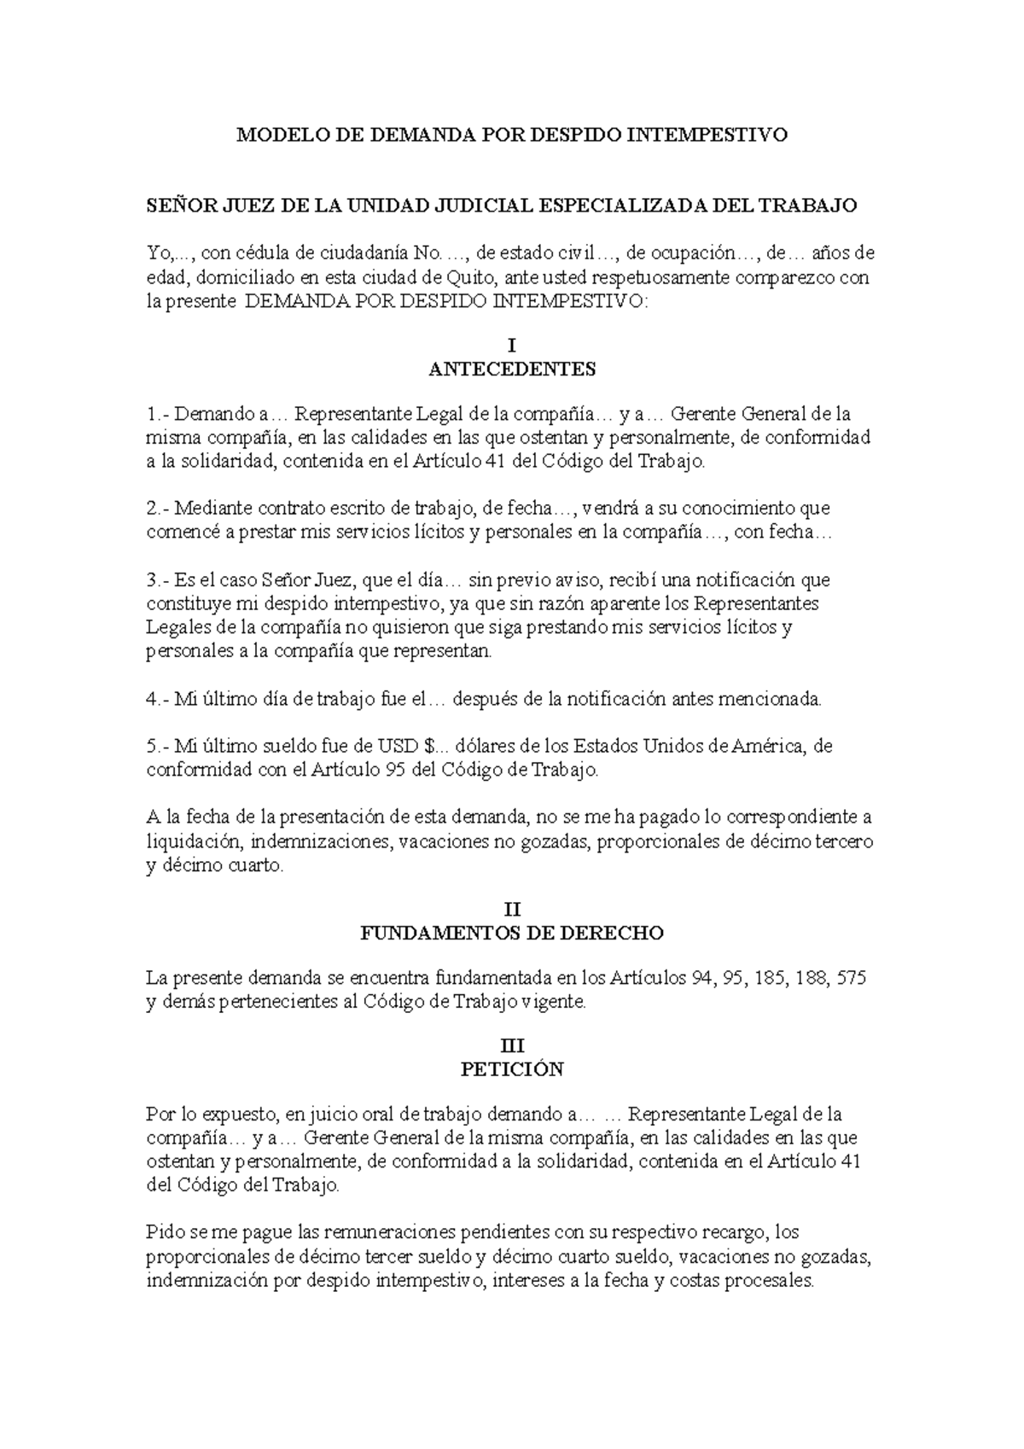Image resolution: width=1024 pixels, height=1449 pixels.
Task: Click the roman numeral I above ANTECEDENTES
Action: tap(511, 346)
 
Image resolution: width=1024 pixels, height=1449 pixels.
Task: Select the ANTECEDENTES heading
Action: tap(511, 370)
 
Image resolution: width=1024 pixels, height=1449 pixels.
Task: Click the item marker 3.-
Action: tap(159, 580)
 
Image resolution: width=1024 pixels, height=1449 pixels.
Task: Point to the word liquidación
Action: tap(194, 841)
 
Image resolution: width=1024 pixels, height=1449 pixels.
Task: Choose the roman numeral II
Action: tap(511, 910)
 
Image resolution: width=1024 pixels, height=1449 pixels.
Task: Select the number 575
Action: tap(852, 978)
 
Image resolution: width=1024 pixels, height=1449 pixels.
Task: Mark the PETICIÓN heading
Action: tap(511, 1069)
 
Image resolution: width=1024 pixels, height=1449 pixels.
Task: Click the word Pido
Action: tap(165, 1233)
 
